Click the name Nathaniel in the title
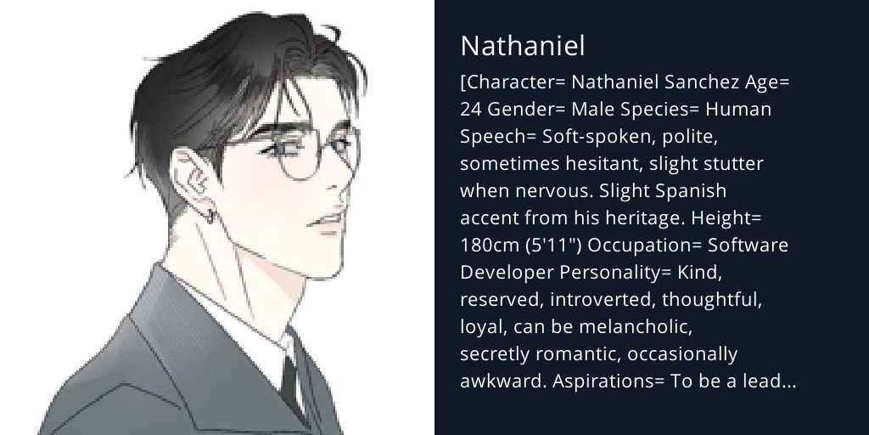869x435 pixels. click(x=522, y=46)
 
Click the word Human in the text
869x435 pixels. click(x=739, y=110)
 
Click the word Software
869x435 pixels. click(x=748, y=246)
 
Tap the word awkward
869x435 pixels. click(x=503, y=381)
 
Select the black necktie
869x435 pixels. click(x=290, y=382)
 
